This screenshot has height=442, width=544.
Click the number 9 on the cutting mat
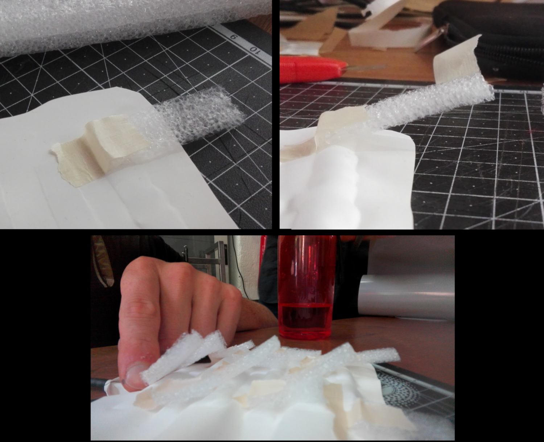pyautogui.click(x=233, y=37)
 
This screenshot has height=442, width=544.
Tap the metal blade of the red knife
pyautogui.click(x=365, y=67)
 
